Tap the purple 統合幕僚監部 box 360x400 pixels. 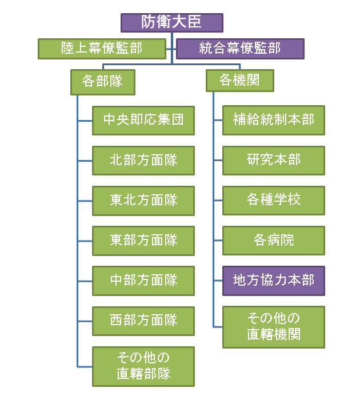[x=240, y=49]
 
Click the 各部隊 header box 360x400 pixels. [x=103, y=81]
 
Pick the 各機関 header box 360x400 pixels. [x=239, y=81]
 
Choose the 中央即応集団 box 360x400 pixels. [x=143, y=121]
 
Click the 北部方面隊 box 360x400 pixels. [x=143, y=161]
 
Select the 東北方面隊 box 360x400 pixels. [x=143, y=201]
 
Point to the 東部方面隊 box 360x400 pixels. [x=143, y=241]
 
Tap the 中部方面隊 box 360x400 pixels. [x=143, y=281]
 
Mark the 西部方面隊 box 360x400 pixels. [x=143, y=321]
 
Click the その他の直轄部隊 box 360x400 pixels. [x=143, y=366]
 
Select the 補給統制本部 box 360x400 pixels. [x=274, y=121]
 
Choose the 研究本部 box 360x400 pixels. [x=274, y=161]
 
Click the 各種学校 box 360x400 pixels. [x=274, y=201]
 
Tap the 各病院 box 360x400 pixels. [x=274, y=241]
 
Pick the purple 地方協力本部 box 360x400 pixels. [x=274, y=281]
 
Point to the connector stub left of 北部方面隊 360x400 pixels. [x=85, y=161]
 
